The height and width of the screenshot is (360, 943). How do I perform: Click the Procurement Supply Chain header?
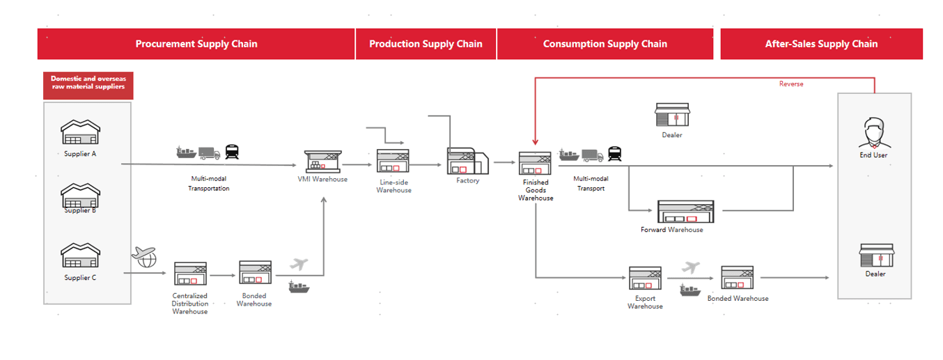coord(196,44)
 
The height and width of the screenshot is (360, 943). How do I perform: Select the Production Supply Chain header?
coord(426,44)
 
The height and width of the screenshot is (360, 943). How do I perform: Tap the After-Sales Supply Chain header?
coord(821,44)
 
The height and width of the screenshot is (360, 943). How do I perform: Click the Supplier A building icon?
coord(80,132)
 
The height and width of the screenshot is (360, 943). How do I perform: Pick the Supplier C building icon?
coord(80,256)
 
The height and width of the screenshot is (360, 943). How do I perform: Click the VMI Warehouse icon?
coord(323,162)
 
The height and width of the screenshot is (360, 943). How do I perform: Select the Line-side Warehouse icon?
coord(393,160)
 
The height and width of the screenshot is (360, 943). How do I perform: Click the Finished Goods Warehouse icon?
coord(535,164)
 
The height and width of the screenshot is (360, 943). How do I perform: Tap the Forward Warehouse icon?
coord(686,212)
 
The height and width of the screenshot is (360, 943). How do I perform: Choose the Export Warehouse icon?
coord(646,278)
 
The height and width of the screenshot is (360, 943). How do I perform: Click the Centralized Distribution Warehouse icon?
coord(190,273)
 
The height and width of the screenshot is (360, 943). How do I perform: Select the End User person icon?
coord(874,132)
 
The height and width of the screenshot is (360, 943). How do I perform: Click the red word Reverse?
coord(791,84)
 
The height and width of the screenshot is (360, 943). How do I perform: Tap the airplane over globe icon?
coord(144,257)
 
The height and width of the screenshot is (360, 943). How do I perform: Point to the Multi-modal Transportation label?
coord(209,184)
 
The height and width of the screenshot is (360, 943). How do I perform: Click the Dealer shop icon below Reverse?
coord(672,115)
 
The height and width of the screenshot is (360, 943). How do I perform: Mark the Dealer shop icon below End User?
coord(876,255)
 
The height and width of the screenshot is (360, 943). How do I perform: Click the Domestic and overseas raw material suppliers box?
coord(88,86)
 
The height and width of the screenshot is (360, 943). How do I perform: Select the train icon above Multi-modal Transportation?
coord(232,152)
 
